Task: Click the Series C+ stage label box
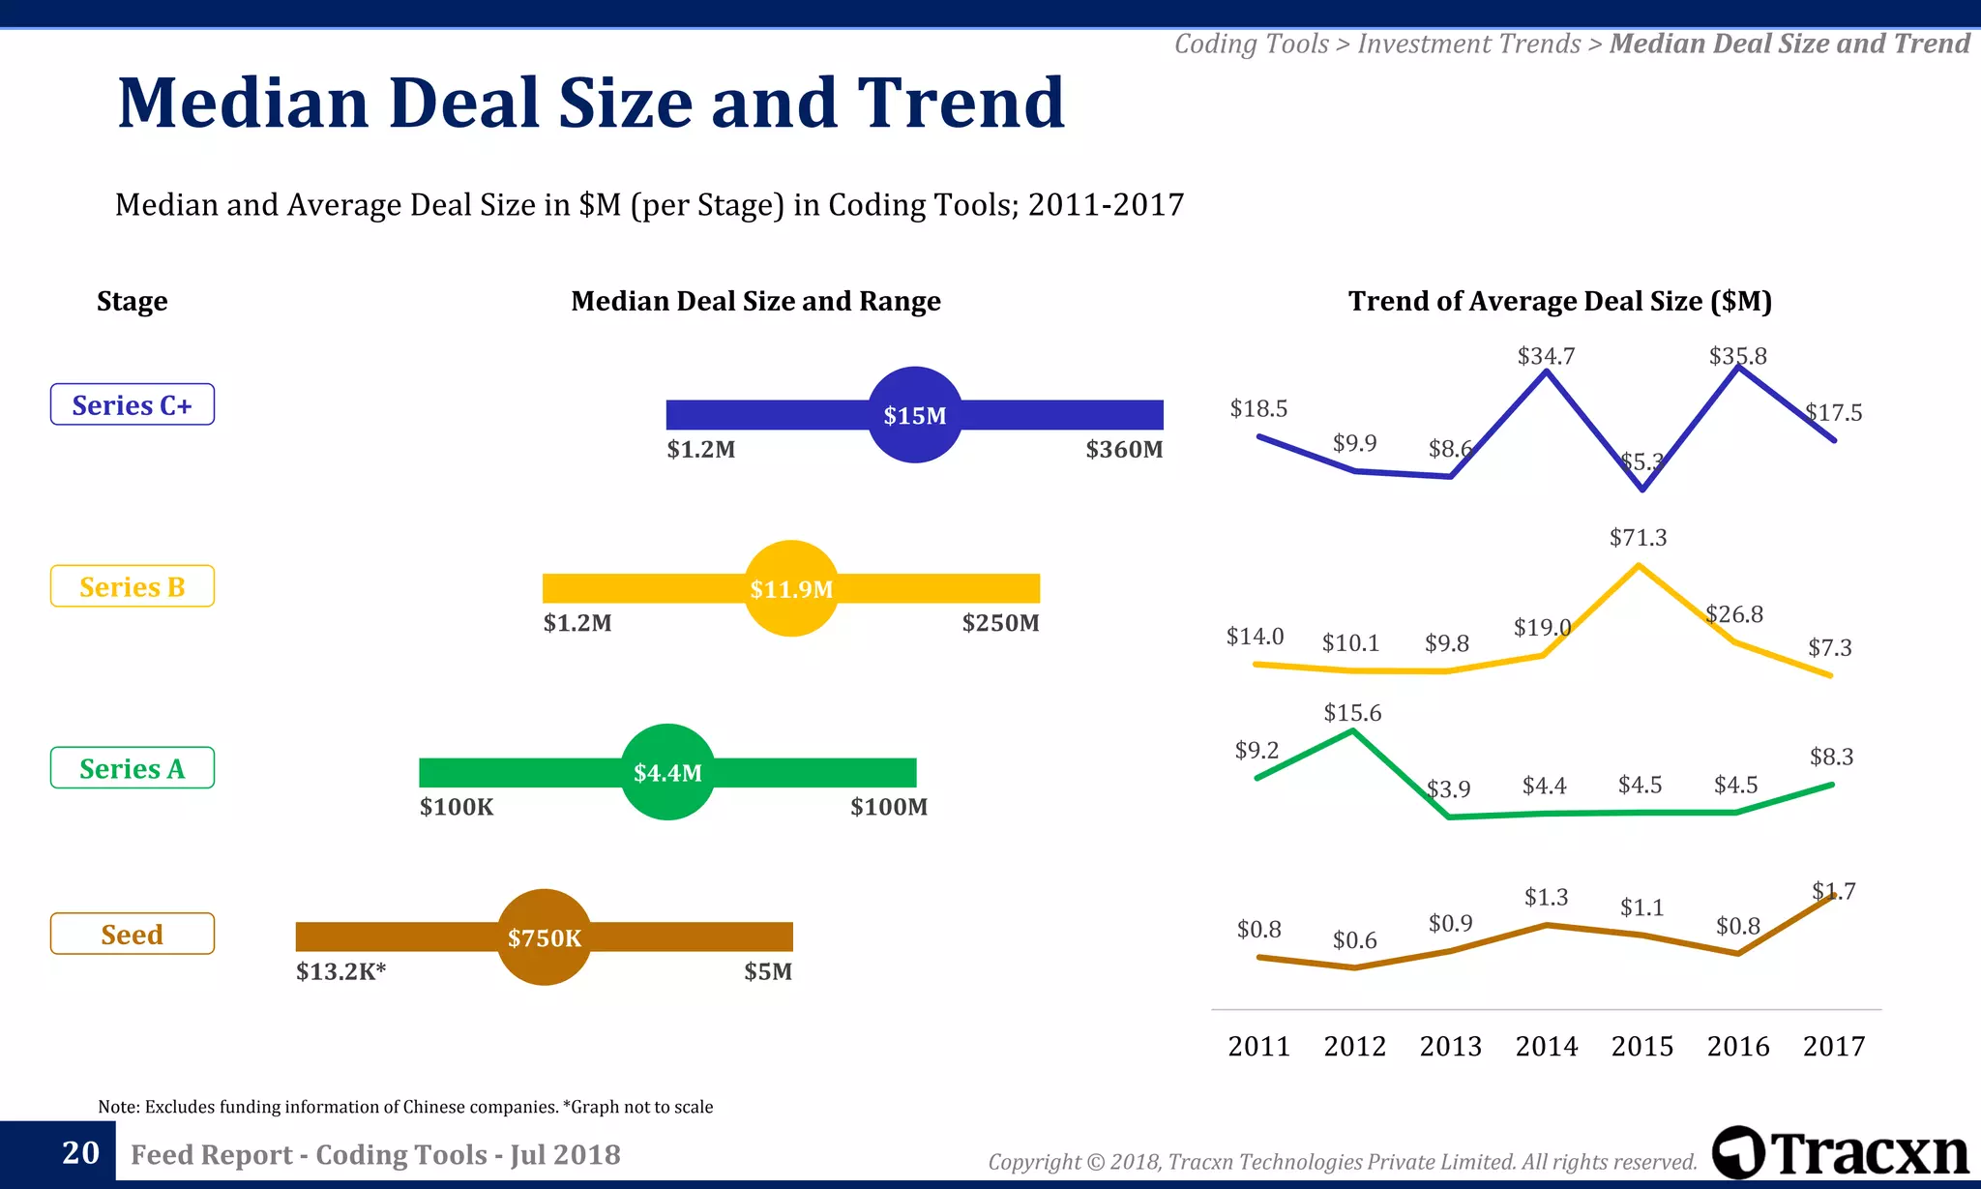133,404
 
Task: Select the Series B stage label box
133,586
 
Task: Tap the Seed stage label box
133,934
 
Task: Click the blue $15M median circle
915,415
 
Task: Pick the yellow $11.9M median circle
791,588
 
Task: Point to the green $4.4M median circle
667,772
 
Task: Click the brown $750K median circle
545,937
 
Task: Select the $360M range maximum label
1124,449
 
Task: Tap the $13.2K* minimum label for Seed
340,971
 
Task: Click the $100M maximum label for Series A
888,807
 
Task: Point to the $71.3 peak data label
1638,537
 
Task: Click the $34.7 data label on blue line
1546,356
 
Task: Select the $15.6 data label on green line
1352,713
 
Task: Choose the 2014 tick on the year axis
1546,1046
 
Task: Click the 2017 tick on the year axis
1833,1046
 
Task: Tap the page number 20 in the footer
80,1152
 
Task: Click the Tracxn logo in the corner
1840,1152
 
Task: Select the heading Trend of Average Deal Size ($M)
1559,301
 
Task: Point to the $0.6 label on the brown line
1354,940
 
